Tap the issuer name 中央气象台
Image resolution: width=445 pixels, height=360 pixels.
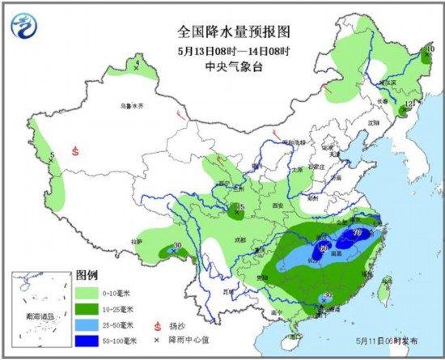click(x=222, y=70)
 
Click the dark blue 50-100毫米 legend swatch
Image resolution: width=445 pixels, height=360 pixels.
click(x=87, y=339)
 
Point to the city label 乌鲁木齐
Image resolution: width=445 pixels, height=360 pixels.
click(x=131, y=105)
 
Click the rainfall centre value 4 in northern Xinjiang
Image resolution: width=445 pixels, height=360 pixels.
click(x=137, y=63)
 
